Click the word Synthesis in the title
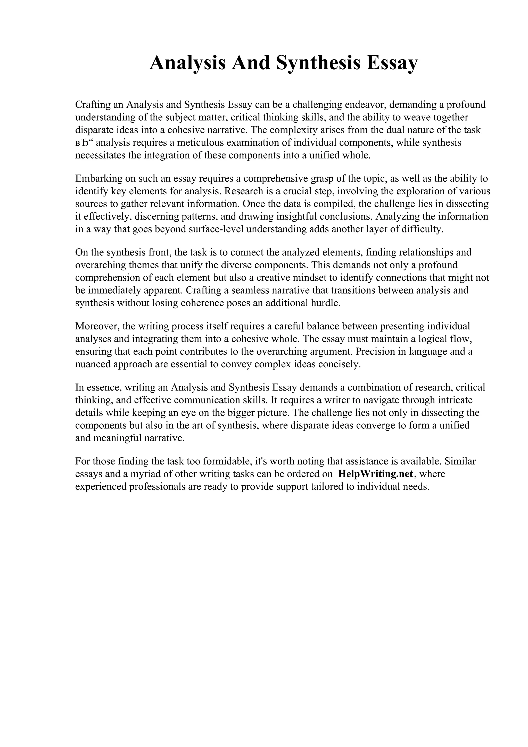point(318,63)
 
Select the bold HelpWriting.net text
point(375,474)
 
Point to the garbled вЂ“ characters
point(84,143)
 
